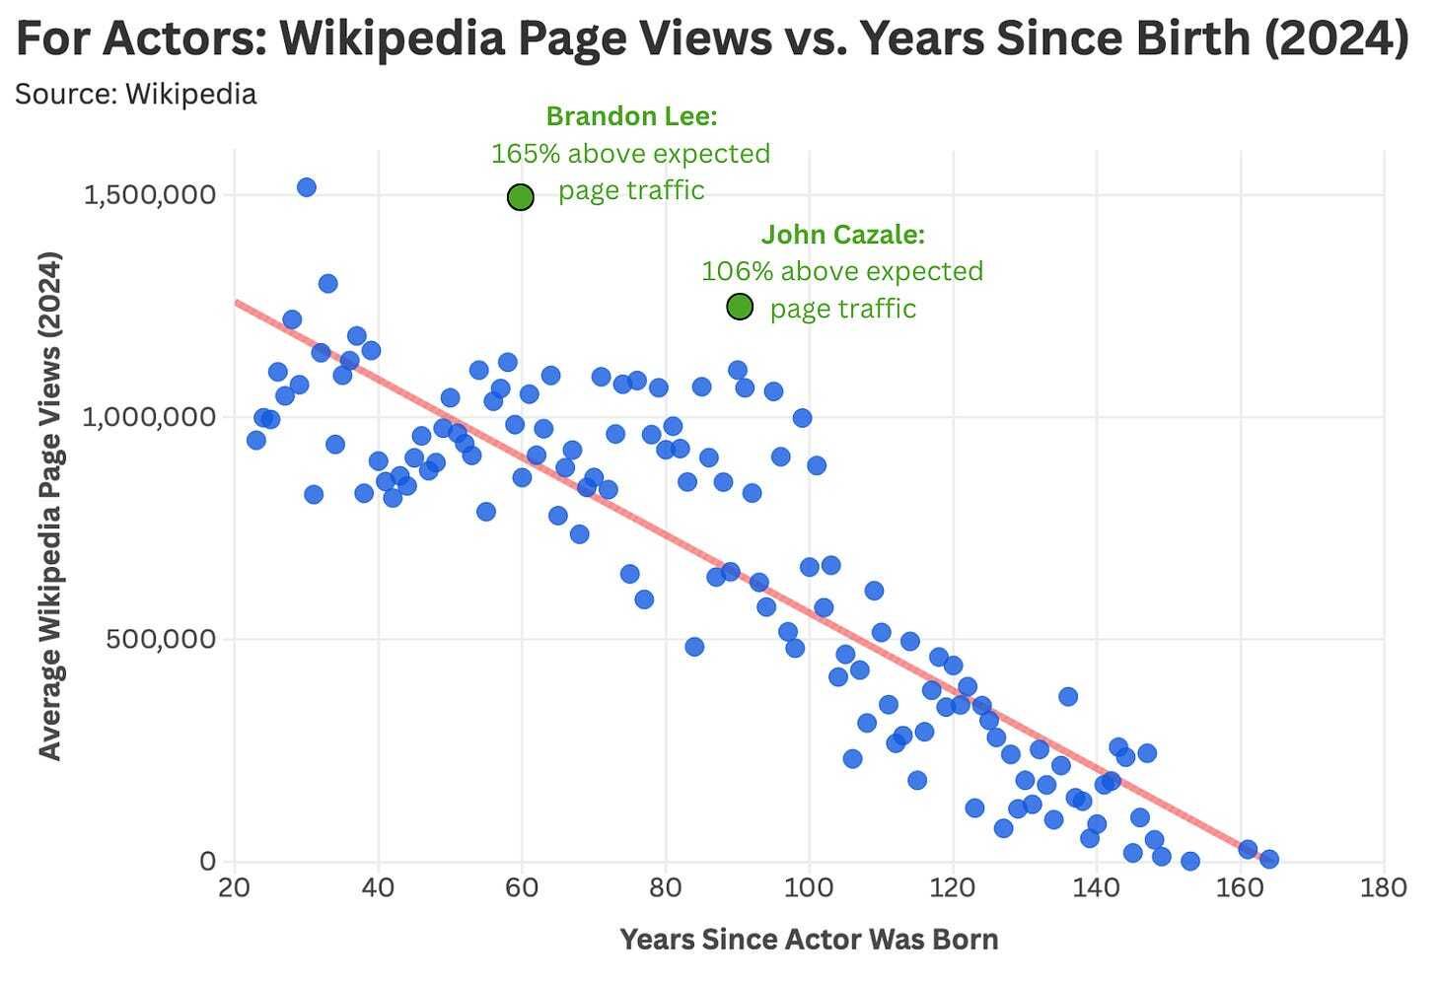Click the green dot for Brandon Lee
coord(521,197)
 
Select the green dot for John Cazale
coord(740,307)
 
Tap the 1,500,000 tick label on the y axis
coord(150,194)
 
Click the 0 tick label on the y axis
coord(207,861)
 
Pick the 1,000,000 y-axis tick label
coord(150,416)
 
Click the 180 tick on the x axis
coord(1383,888)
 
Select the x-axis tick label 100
coord(809,888)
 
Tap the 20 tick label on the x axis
coord(234,888)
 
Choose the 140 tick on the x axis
coord(1096,888)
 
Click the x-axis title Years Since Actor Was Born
coord(809,940)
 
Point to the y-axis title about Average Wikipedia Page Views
coord(49,506)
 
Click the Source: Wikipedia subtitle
coord(136,94)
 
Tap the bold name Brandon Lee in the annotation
coord(631,116)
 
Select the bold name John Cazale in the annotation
coord(842,235)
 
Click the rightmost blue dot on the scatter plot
coord(1269,859)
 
